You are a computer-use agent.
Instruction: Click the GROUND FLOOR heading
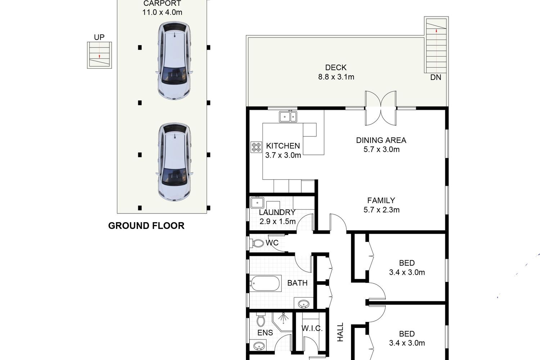point(146,226)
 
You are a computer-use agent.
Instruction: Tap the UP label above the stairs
point(99,37)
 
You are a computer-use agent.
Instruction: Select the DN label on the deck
point(436,77)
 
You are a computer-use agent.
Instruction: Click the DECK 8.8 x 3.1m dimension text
point(336,77)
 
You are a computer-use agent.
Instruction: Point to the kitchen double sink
point(288,117)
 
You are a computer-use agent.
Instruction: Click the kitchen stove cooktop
point(256,147)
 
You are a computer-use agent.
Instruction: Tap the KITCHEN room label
point(283,146)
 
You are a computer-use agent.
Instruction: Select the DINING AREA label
point(381,140)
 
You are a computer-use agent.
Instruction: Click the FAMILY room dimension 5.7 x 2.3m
point(381,210)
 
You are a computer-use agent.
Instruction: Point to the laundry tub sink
point(257,203)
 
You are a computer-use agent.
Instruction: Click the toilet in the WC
point(256,243)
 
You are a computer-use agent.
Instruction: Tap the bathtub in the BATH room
point(265,283)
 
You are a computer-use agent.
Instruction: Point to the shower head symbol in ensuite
point(284,318)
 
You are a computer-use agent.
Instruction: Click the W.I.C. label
point(312,328)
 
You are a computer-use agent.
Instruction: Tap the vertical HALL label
point(340,332)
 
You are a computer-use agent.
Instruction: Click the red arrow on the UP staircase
point(99,57)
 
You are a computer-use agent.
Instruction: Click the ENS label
point(265,333)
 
